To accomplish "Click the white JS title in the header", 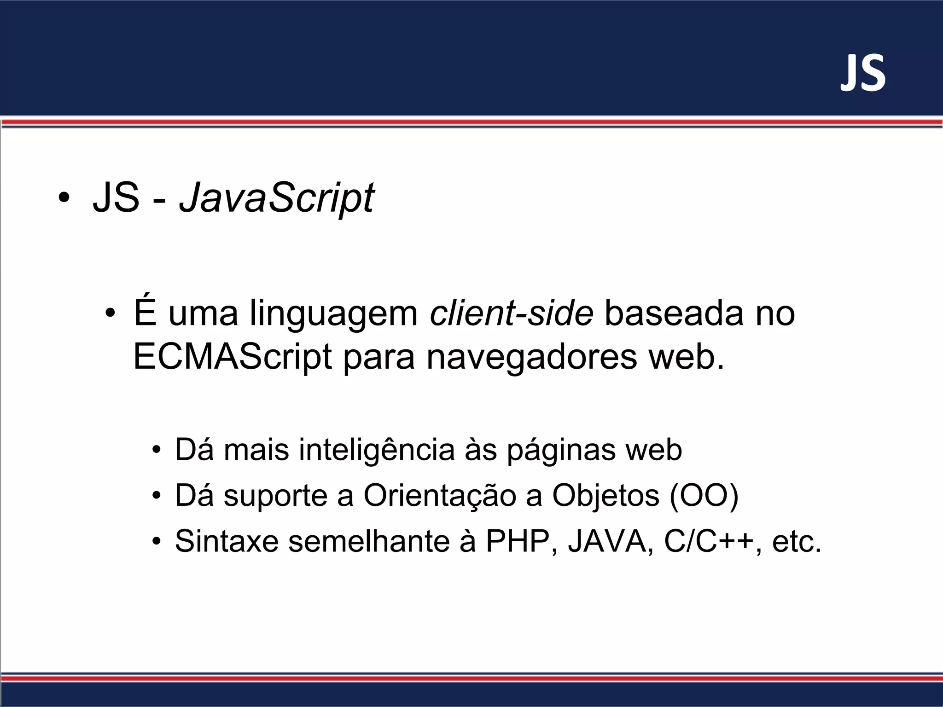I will (863, 74).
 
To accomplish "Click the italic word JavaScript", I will (277, 198).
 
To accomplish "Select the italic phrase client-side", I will (511, 313).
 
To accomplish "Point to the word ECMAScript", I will (232, 357).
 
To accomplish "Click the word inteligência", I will (377, 450).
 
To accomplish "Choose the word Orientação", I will (439, 496).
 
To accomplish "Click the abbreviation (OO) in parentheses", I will (704, 496).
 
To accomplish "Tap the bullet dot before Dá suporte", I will (157, 496).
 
